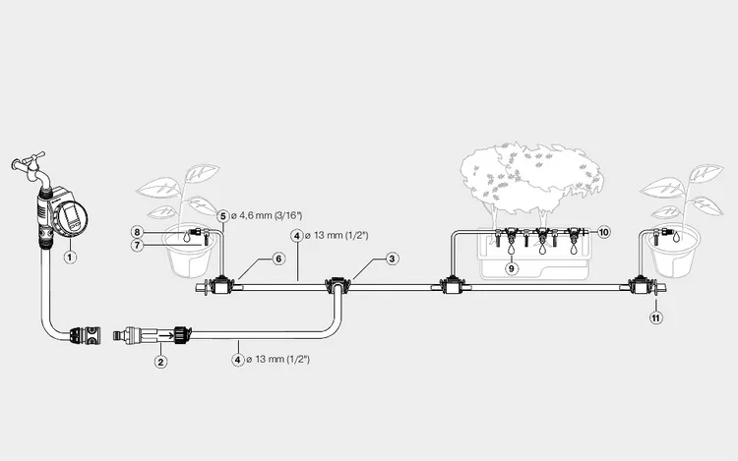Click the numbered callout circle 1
coord(70,258)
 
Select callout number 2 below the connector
coord(161,361)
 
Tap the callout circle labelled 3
coord(392,259)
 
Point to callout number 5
coord(222,214)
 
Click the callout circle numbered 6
coord(278,259)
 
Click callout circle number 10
coord(604,232)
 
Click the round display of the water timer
coord(72,217)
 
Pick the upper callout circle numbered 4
coord(296,236)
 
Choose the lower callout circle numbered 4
coord(237,361)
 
